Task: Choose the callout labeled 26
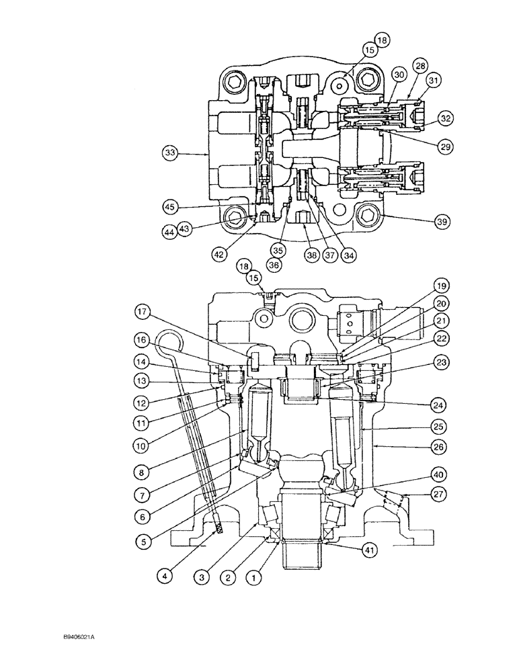pos(440,446)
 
